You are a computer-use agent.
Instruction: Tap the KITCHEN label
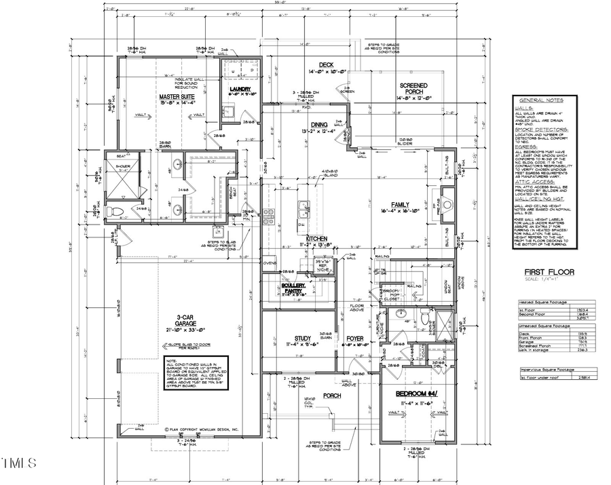316,239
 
